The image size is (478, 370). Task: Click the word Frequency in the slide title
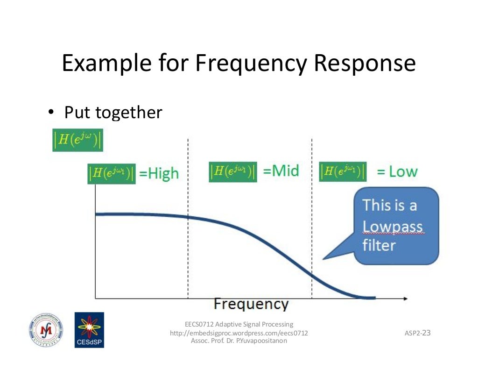coord(251,64)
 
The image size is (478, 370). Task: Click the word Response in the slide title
coord(364,64)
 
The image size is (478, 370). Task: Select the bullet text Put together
coord(113,112)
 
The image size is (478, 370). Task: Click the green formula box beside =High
coord(112,173)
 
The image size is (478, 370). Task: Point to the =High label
coord(159,173)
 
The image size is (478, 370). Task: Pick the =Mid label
coord(281,171)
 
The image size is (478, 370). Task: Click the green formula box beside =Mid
coord(232,171)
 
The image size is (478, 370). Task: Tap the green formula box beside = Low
coord(343,171)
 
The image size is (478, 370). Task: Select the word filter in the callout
coord(379,245)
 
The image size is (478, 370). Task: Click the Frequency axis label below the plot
coord(251,305)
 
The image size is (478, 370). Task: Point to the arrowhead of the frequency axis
coord(405,298)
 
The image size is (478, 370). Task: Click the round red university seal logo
coord(45,329)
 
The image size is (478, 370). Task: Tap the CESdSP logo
coord(89,330)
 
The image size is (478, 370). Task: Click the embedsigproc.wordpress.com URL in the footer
coord(239,333)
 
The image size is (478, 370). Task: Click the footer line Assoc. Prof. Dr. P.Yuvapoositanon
coord(239,341)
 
